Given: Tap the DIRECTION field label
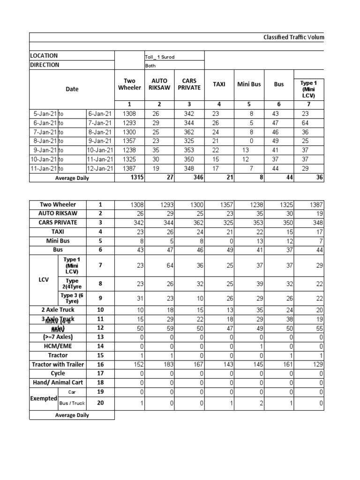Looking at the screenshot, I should pyautogui.click(x=45, y=65).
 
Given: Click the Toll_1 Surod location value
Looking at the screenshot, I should pyautogui.click(x=159, y=57).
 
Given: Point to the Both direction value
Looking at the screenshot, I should pyautogui.click(x=150, y=66).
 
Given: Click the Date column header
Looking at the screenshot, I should pyautogui.click(x=72, y=89).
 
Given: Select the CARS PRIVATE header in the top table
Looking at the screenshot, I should pyautogui.click(x=189, y=84).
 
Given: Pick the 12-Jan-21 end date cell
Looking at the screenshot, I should pyautogui.click(x=100, y=169).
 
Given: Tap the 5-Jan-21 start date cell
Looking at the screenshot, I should pyautogui.click(x=44, y=113).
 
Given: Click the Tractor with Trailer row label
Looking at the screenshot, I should pyautogui.click(x=58, y=365).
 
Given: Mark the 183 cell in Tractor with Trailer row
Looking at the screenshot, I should pyautogui.click(x=160, y=365).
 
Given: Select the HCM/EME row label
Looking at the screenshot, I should pyautogui.click(x=58, y=346).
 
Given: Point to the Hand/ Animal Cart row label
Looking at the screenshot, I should pyautogui.click(x=58, y=383).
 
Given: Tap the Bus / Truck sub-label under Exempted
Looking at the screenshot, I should pyautogui.click(x=72, y=403).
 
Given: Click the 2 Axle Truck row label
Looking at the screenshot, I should pyautogui.click(x=58, y=310).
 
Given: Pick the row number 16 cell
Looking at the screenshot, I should pyautogui.click(x=100, y=365).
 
